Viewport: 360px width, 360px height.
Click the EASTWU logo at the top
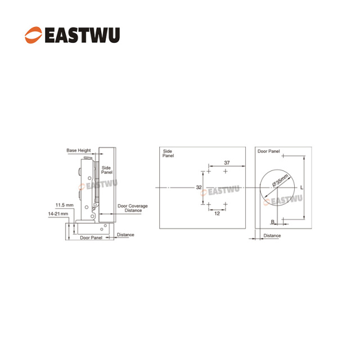pos(73,35)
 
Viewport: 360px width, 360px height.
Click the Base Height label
pos(79,150)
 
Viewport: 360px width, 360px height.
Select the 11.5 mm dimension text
pos(65,205)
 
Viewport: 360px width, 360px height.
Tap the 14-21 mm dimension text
pos(58,214)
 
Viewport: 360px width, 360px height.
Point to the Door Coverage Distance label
pos(133,208)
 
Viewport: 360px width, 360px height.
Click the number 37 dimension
pos(227,163)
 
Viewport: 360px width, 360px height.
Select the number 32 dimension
pos(199,187)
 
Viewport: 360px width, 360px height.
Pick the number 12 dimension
pos(217,214)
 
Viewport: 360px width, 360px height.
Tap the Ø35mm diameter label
pos(280,180)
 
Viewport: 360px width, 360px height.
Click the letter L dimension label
pos(301,187)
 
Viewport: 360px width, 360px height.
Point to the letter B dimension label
pos(273,222)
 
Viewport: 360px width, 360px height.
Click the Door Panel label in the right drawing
pos(269,151)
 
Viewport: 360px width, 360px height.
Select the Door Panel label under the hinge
pos(91,237)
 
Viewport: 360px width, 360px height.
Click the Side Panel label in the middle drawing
pos(168,154)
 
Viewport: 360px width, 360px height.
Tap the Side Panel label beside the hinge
pos(107,170)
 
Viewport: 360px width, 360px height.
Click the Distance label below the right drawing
pos(272,236)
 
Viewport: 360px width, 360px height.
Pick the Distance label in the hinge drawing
pos(125,235)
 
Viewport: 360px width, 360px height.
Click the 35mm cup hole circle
pos(260,187)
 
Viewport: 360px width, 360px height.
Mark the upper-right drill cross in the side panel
pos(226,171)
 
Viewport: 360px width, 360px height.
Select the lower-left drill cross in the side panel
pos(209,204)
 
